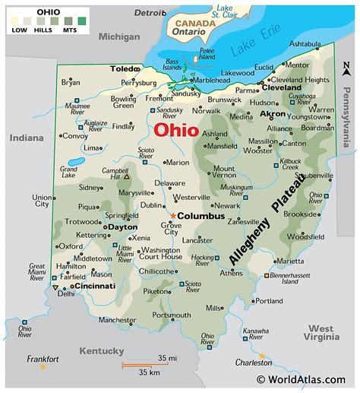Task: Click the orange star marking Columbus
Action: (172, 215)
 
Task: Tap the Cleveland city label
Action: (283, 87)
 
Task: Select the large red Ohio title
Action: (175, 130)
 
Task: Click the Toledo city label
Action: (122, 68)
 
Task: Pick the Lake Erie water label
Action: (254, 49)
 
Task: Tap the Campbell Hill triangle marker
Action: (128, 176)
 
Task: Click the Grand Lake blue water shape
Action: (76, 162)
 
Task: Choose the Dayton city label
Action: (122, 227)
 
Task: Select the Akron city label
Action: (273, 113)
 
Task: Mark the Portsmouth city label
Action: (172, 314)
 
